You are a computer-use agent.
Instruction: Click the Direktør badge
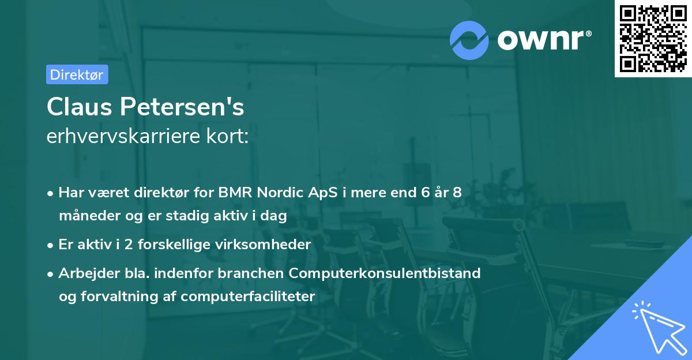point(77,74)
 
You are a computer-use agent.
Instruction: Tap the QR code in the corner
point(653,38)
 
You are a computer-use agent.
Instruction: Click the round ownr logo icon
point(469,40)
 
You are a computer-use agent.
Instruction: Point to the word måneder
point(85,216)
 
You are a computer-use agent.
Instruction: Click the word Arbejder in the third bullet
point(84,273)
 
